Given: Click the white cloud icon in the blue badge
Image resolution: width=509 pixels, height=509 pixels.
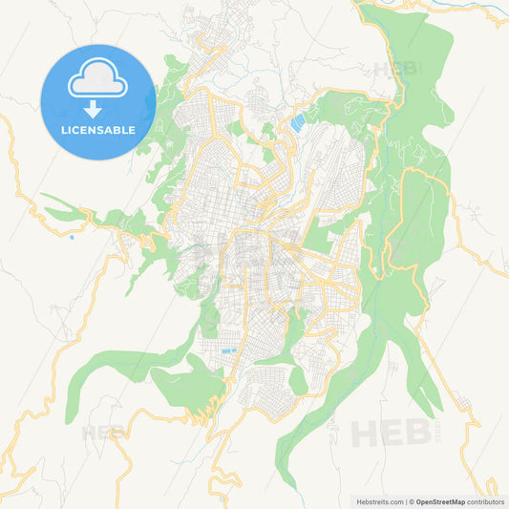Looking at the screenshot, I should (x=97, y=83).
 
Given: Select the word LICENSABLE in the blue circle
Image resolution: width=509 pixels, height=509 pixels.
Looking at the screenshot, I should (x=97, y=129).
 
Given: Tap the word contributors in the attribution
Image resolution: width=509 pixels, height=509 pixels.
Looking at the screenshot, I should (x=486, y=500).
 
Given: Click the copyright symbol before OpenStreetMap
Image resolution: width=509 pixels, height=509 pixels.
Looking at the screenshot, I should (x=412, y=500).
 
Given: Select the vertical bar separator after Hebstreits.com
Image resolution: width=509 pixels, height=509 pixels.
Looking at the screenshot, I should (x=405, y=500).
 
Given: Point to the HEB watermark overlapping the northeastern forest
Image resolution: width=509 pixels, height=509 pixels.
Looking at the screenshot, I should (x=392, y=70).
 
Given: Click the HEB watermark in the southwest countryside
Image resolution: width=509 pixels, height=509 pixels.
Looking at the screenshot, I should (x=103, y=433).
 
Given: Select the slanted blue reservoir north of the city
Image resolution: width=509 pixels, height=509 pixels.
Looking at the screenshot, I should (x=298, y=122).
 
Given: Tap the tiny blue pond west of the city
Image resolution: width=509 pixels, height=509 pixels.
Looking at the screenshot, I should (x=71, y=237).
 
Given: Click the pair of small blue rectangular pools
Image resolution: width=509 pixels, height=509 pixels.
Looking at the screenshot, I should (x=228, y=351).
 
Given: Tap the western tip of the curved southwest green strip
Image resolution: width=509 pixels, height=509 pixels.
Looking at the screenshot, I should (x=68, y=419).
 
